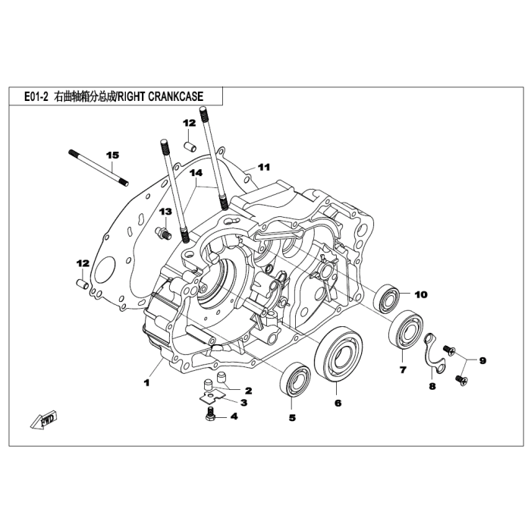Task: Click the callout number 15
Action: pyautogui.click(x=112, y=156)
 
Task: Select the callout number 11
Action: pyautogui.click(x=263, y=167)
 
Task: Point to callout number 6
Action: pyautogui.click(x=338, y=404)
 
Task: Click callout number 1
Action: pyautogui.click(x=147, y=383)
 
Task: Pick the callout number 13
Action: pyautogui.click(x=165, y=211)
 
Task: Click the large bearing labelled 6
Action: pyautogui.click(x=338, y=354)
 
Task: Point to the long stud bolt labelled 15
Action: pyautogui.click(x=99, y=168)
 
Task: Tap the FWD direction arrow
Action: pyautogui.click(x=42, y=419)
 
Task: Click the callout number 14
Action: pyautogui.click(x=196, y=174)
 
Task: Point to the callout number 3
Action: pyautogui.click(x=244, y=402)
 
